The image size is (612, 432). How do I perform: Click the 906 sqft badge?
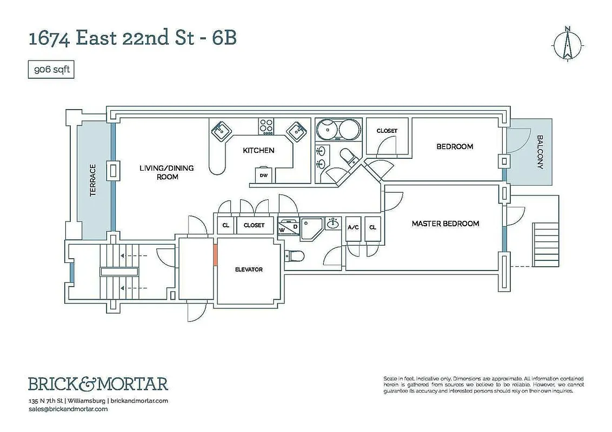(51, 70)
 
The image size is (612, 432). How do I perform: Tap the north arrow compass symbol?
(567, 43)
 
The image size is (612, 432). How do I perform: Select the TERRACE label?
(93, 180)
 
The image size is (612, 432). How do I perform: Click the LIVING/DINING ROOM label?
(167, 172)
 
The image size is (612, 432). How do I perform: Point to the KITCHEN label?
(258, 151)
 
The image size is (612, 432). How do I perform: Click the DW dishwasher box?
(264, 175)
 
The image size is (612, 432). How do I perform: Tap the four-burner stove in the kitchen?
(265, 126)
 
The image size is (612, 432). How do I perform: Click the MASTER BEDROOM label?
(445, 224)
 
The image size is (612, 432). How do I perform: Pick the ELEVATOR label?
(249, 269)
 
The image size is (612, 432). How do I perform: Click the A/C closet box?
(353, 227)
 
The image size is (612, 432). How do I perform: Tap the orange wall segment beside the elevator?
(215, 254)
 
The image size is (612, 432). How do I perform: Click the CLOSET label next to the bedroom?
(387, 131)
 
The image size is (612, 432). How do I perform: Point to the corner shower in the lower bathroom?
(312, 227)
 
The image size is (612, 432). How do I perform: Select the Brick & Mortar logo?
(98, 384)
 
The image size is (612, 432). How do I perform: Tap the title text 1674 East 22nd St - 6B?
(132, 39)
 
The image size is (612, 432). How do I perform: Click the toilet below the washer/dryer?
(295, 255)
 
